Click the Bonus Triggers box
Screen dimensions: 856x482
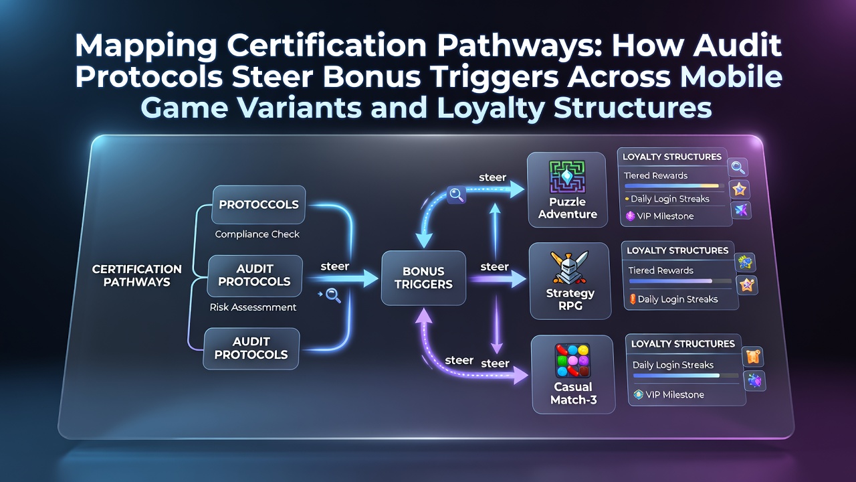(423, 278)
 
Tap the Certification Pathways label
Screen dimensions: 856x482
(137, 275)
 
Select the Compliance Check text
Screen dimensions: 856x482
(257, 234)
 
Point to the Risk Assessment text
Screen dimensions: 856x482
(253, 307)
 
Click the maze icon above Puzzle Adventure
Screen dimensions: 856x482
(567, 177)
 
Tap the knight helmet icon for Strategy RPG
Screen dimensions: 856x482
(569, 268)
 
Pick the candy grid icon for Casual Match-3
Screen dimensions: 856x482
(572, 361)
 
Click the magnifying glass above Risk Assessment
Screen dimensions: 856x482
(333, 296)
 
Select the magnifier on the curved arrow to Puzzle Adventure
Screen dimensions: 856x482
(456, 195)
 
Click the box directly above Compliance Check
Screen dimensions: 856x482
(258, 205)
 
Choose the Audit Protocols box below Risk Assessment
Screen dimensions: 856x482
(251, 348)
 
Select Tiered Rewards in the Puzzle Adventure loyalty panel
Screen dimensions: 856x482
(656, 175)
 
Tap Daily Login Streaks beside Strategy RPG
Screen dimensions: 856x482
(678, 299)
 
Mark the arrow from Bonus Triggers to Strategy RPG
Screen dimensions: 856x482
(497, 279)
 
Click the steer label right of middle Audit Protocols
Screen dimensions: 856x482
(335, 266)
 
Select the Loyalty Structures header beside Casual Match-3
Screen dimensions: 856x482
(683, 344)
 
